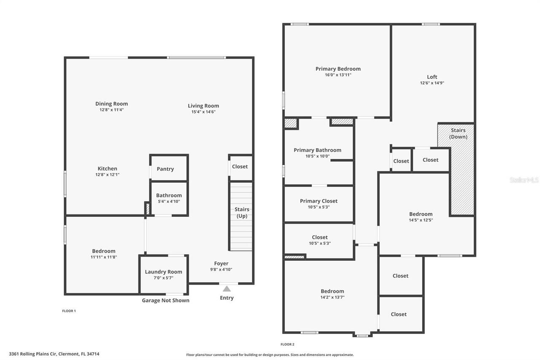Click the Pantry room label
(165, 169)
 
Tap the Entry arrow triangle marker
(227, 289)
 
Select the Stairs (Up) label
(242, 213)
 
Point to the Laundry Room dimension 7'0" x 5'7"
(164, 278)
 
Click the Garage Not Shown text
(165, 300)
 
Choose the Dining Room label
(111, 104)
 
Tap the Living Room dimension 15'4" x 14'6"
(203, 112)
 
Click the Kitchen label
(108, 168)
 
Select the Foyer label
(221, 263)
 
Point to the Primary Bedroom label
(338, 69)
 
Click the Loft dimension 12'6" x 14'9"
(432, 83)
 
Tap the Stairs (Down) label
(458, 133)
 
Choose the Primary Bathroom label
(317, 150)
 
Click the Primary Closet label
(319, 201)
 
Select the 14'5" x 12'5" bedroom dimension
(421, 220)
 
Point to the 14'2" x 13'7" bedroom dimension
(332, 297)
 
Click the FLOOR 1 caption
(69, 311)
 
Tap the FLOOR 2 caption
(287, 344)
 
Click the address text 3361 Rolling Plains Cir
(36, 354)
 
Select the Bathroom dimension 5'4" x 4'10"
(169, 201)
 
